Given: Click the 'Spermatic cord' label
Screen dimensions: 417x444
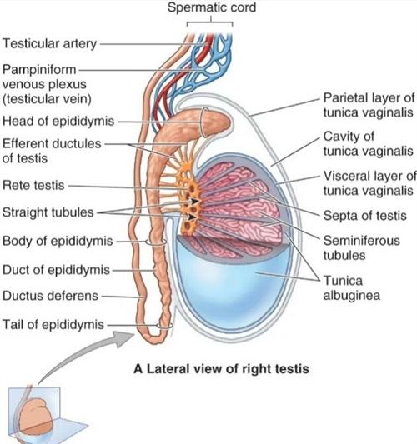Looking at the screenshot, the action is [x=212, y=7].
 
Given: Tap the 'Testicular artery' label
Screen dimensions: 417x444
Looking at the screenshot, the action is [x=49, y=44].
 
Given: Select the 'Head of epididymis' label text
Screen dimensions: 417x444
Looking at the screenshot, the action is [x=58, y=121].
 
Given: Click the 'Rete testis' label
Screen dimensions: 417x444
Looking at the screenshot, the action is [x=33, y=186].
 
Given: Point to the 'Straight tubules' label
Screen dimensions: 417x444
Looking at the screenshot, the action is [x=48, y=212].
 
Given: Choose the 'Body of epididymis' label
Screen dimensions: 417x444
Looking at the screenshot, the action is [x=58, y=242].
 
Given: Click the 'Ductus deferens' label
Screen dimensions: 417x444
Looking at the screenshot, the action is [x=50, y=296].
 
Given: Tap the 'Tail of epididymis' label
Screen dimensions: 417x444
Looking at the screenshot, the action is [x=53, y=325].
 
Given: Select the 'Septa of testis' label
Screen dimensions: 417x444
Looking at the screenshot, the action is [x=364, y=216].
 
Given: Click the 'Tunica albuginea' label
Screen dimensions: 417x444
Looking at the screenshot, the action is [x=351, y=288].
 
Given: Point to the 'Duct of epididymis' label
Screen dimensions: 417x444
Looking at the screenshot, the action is [x=56, y=270].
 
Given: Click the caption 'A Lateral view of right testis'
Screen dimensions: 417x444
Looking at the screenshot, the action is [x=221, y=369].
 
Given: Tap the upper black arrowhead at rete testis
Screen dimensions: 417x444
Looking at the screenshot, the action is [x=194, y=201].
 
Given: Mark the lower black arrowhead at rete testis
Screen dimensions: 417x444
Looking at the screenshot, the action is [x=193, y=217].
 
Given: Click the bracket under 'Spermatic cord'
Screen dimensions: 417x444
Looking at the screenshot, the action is [x=210, y=22].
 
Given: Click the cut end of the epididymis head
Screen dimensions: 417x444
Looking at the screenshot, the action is [x=204, y=122].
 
